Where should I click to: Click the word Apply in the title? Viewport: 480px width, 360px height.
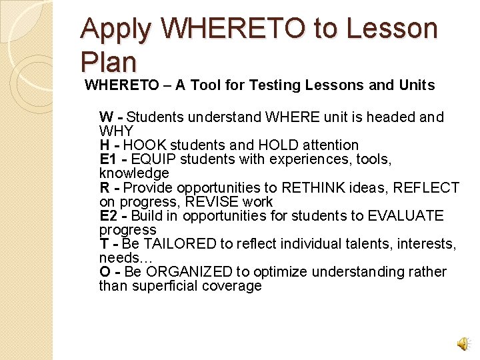(x=117, y=30)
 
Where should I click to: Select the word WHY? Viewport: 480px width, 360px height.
(x=116, y=131)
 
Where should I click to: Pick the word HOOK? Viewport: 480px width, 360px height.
(x=145, y=145)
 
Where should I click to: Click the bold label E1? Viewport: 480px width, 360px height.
(x=108, y=159)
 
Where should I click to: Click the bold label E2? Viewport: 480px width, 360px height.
(x=108, y=216)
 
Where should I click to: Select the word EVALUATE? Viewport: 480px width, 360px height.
(x=405, y=216)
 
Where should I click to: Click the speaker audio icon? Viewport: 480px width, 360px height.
(x=463, y=343)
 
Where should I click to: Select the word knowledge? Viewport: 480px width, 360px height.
(x=133, y=173)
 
